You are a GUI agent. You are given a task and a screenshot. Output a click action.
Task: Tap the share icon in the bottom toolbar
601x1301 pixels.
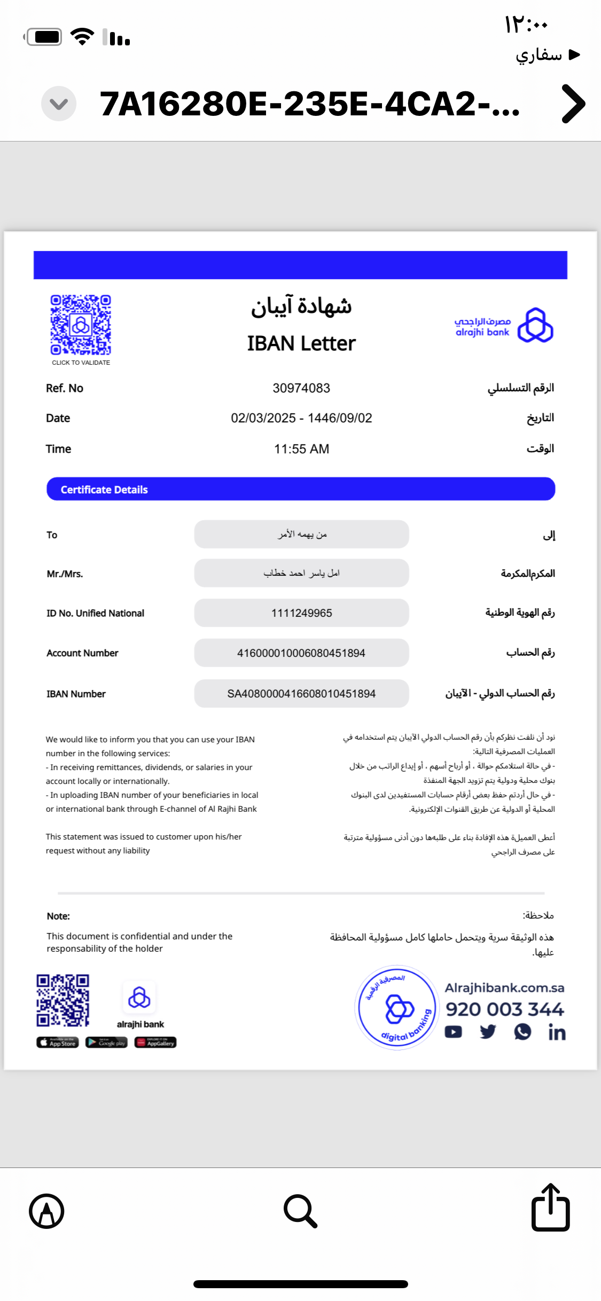click(550, 1208)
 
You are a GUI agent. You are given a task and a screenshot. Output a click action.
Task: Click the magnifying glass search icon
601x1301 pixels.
click(300, 1211)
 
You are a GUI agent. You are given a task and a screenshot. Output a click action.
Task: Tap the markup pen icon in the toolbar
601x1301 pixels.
click(46, 1211)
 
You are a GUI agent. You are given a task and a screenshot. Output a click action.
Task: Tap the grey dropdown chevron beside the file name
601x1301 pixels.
click(59, 104)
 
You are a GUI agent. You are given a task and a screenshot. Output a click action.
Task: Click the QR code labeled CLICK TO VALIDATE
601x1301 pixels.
click(81, 325)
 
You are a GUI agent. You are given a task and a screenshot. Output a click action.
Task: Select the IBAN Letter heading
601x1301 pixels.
click(301, 343)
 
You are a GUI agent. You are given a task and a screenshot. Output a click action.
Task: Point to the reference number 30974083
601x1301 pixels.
click(301, 388)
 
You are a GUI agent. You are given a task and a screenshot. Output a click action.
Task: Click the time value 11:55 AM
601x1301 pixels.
click(301, 449)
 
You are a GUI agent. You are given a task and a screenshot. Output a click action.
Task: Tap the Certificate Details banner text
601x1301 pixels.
click(104, 490)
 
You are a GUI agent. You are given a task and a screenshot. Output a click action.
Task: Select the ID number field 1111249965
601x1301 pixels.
click(301, 613)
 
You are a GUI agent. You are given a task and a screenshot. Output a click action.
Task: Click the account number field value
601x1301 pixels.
click(301, 653)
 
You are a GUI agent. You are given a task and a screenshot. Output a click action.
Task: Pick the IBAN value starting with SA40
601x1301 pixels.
click(301, 694)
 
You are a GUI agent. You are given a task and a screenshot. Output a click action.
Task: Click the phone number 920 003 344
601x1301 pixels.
click(505, 1009)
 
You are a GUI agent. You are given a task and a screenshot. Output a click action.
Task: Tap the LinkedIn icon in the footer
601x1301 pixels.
click(557, 1033)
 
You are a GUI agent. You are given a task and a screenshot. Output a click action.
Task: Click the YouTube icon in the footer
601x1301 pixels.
click(454, 1032)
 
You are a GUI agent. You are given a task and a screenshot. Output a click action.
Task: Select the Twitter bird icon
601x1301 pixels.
click(488, 1032)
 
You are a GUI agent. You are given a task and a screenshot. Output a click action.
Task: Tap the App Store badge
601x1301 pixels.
click(58, 1043)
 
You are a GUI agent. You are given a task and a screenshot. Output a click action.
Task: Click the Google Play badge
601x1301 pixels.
click(106, 1043)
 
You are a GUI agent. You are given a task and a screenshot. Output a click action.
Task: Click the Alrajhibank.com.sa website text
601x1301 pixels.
click(505, 988)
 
